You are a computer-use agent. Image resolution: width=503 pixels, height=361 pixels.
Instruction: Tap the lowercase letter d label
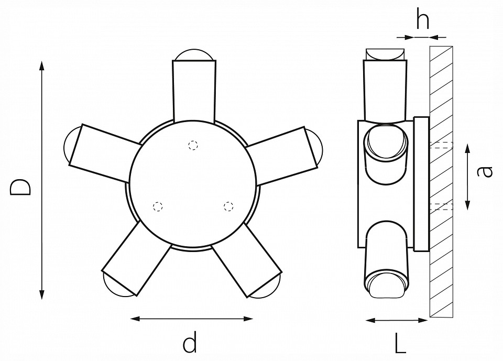point(190,343)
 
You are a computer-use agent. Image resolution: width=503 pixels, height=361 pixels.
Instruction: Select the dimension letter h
point(422,20)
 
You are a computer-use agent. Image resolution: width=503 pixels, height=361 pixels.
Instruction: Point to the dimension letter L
point(400,344)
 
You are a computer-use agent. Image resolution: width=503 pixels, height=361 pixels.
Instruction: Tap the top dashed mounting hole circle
point(194,145)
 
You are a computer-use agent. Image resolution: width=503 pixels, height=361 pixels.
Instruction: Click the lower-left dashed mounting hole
point(157,206)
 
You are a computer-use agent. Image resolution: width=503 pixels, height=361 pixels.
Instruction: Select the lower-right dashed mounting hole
point(228,206)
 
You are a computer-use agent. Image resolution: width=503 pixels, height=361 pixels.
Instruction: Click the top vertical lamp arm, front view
point(194,89)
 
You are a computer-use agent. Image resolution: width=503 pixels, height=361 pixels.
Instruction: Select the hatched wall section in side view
point(442,262)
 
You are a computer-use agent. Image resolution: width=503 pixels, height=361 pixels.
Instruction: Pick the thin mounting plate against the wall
point(421,183)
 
